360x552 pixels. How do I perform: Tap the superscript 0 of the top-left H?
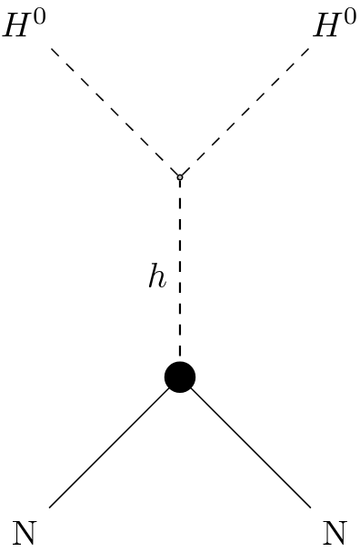click(38, 16)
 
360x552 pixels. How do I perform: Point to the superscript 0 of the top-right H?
click(349, 16)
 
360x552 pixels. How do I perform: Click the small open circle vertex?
click(180, 176)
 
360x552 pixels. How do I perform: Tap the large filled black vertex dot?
click(180, 376)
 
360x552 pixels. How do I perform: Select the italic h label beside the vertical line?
click(157, 277)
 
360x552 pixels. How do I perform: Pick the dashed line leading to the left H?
click(115, 112)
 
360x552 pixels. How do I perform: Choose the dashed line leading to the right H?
click(245, 112)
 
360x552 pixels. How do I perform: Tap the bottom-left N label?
click(25, 533)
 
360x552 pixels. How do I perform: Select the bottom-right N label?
click(335, 533)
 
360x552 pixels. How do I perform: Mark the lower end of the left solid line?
click(50, 507)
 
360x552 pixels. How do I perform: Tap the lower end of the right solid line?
click(310, 507)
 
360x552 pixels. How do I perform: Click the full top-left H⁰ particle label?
click(25, 25)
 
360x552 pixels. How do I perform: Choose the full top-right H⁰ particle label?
click(335, 25)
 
